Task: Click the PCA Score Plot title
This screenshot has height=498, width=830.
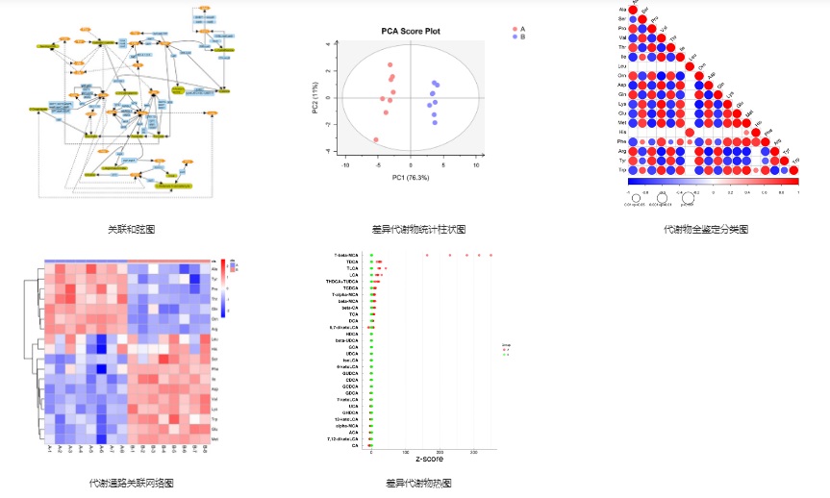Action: [x=410, y=32]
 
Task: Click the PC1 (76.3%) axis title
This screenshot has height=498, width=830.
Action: [x=410, y=178]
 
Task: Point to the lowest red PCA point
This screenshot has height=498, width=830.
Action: [x=376, y=140]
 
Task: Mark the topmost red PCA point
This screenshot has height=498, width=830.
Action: [x=391, y=64]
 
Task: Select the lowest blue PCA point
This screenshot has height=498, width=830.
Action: [x=434, y=122]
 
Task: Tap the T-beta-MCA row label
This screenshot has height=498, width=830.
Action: [x=346, y=255]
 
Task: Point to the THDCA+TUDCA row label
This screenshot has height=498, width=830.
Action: [x=345, y=281]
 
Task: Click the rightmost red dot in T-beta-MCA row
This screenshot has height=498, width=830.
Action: [x=490, y=255]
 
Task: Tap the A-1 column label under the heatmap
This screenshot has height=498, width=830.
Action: [x=48, y=449]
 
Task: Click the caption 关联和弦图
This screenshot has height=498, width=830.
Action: [x=132, y=230]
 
